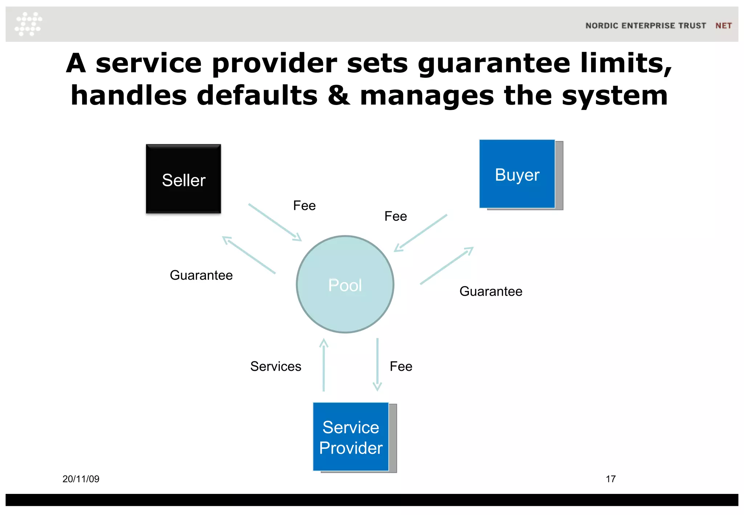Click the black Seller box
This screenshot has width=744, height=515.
(x=183, y=179)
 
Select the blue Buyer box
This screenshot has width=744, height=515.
(x=517, y=174)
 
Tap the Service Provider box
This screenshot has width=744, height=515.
(x=351, y=437)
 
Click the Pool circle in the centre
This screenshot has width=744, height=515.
(x=345, y=284)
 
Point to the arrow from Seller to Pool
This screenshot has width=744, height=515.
(x=275, y=222)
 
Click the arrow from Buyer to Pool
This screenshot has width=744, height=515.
(x=421, y=233)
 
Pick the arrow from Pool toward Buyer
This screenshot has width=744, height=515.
(x=447, y=265)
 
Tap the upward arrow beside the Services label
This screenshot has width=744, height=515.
(x=324, y=365)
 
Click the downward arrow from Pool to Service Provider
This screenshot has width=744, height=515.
(x=377, y=365)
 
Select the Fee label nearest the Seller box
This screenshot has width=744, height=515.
(x=304, y=206)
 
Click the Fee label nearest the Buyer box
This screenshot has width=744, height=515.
(x=396, y=216)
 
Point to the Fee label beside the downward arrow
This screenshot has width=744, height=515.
(x=401, y=366)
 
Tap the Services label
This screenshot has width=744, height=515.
(x=276, y=366)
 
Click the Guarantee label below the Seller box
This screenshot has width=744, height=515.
(x=201, y=275)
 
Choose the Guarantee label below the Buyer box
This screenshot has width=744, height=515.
(x=491, y=291)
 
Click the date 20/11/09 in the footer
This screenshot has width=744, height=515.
(x=81, y=479)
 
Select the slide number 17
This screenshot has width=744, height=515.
(x=611, y=479)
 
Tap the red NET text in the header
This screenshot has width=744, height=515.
(x=723, y=26)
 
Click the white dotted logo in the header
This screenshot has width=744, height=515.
(x=28, y=24)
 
